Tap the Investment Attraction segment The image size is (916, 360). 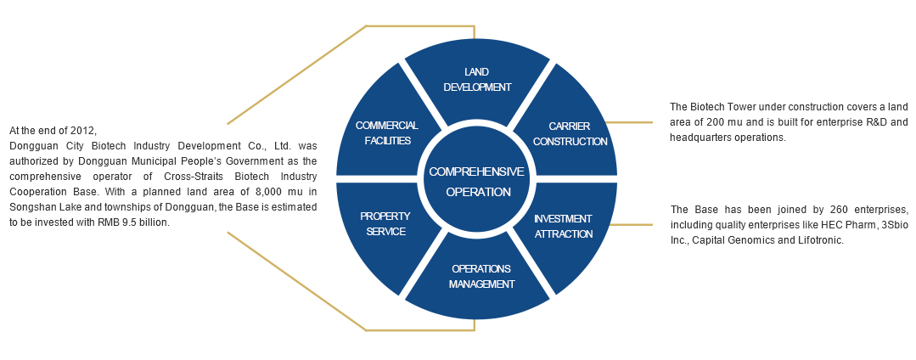[564, 226]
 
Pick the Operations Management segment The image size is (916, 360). [481, 277]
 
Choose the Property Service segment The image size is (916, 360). [383, 223]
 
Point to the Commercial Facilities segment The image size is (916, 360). [386, 132]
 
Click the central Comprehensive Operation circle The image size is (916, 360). [476, 181]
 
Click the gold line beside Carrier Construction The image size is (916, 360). [629, 122]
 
